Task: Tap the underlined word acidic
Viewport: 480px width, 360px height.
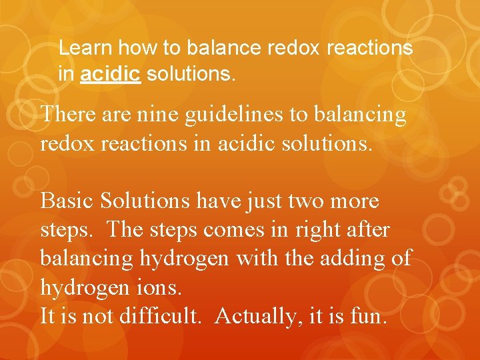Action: click(x=110, y=74)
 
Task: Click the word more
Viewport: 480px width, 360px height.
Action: click(x=355, y=201)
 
